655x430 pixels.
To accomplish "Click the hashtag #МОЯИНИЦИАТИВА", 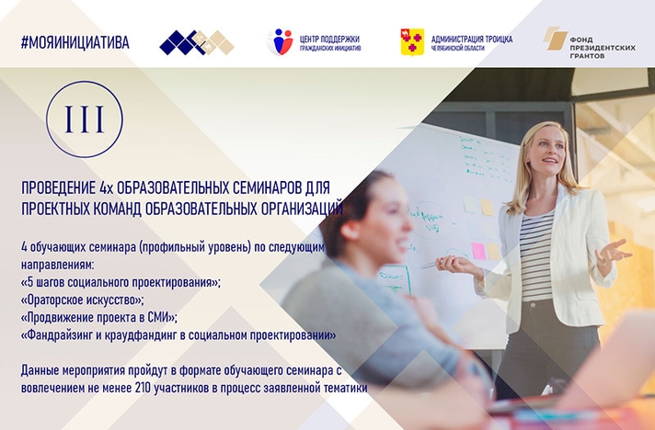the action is tap(75, 42).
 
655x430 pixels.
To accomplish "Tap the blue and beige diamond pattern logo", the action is tap(197, 42).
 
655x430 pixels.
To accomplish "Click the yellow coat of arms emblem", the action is tap(412, 42).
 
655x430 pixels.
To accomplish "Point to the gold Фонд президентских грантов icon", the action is tap(555, 39).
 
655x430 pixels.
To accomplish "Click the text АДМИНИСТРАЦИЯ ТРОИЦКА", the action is tap(472, 40).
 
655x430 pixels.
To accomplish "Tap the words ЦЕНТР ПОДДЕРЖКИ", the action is tap(329, 40).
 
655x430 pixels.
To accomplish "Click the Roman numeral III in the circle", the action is tap(85, 119).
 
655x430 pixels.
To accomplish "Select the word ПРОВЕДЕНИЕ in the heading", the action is tap(59, 188).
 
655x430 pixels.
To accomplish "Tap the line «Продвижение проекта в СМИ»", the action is tap(99, 318).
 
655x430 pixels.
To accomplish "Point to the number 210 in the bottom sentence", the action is tap(143, 389).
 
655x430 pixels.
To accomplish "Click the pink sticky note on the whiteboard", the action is tap(478, 251).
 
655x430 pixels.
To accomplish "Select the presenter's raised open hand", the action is tap(612, 252).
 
